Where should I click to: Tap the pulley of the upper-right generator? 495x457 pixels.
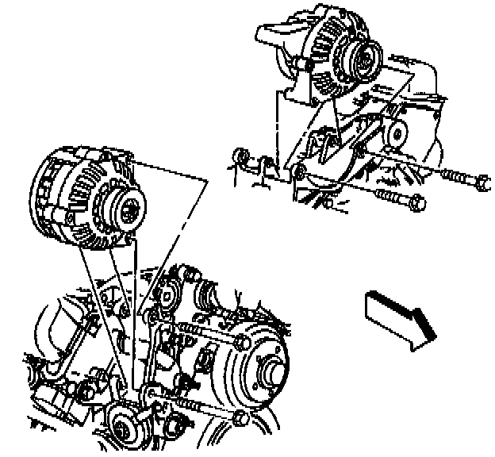[364, 60]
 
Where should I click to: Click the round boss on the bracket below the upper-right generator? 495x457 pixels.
[394, 132]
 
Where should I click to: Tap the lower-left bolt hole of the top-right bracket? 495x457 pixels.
[300, 172]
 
